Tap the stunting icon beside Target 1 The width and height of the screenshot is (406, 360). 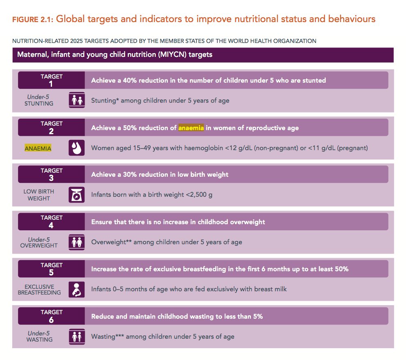[x=77, y=100]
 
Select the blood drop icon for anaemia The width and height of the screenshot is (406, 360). [x=77, y=148]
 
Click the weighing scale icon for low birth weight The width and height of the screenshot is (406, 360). [x=77, y=195]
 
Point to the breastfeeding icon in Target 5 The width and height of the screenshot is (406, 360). [x=77, y=289]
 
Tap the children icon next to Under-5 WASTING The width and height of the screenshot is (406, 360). [x=77, y=337]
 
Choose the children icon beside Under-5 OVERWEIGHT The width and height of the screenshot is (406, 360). [x=77, y=242]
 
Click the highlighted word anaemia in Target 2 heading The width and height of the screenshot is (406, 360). [x=191, y=128]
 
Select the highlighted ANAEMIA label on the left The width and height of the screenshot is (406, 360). [x=38, y=148]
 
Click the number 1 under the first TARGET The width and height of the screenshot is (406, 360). [x=52, y=84]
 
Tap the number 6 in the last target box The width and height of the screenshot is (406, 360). [x=52, y=320]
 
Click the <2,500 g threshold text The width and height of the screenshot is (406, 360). [x=199, y=195]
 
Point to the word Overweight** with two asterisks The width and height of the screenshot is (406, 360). [x=111, y=242]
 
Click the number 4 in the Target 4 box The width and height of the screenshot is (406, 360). [x=52, y=225]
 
